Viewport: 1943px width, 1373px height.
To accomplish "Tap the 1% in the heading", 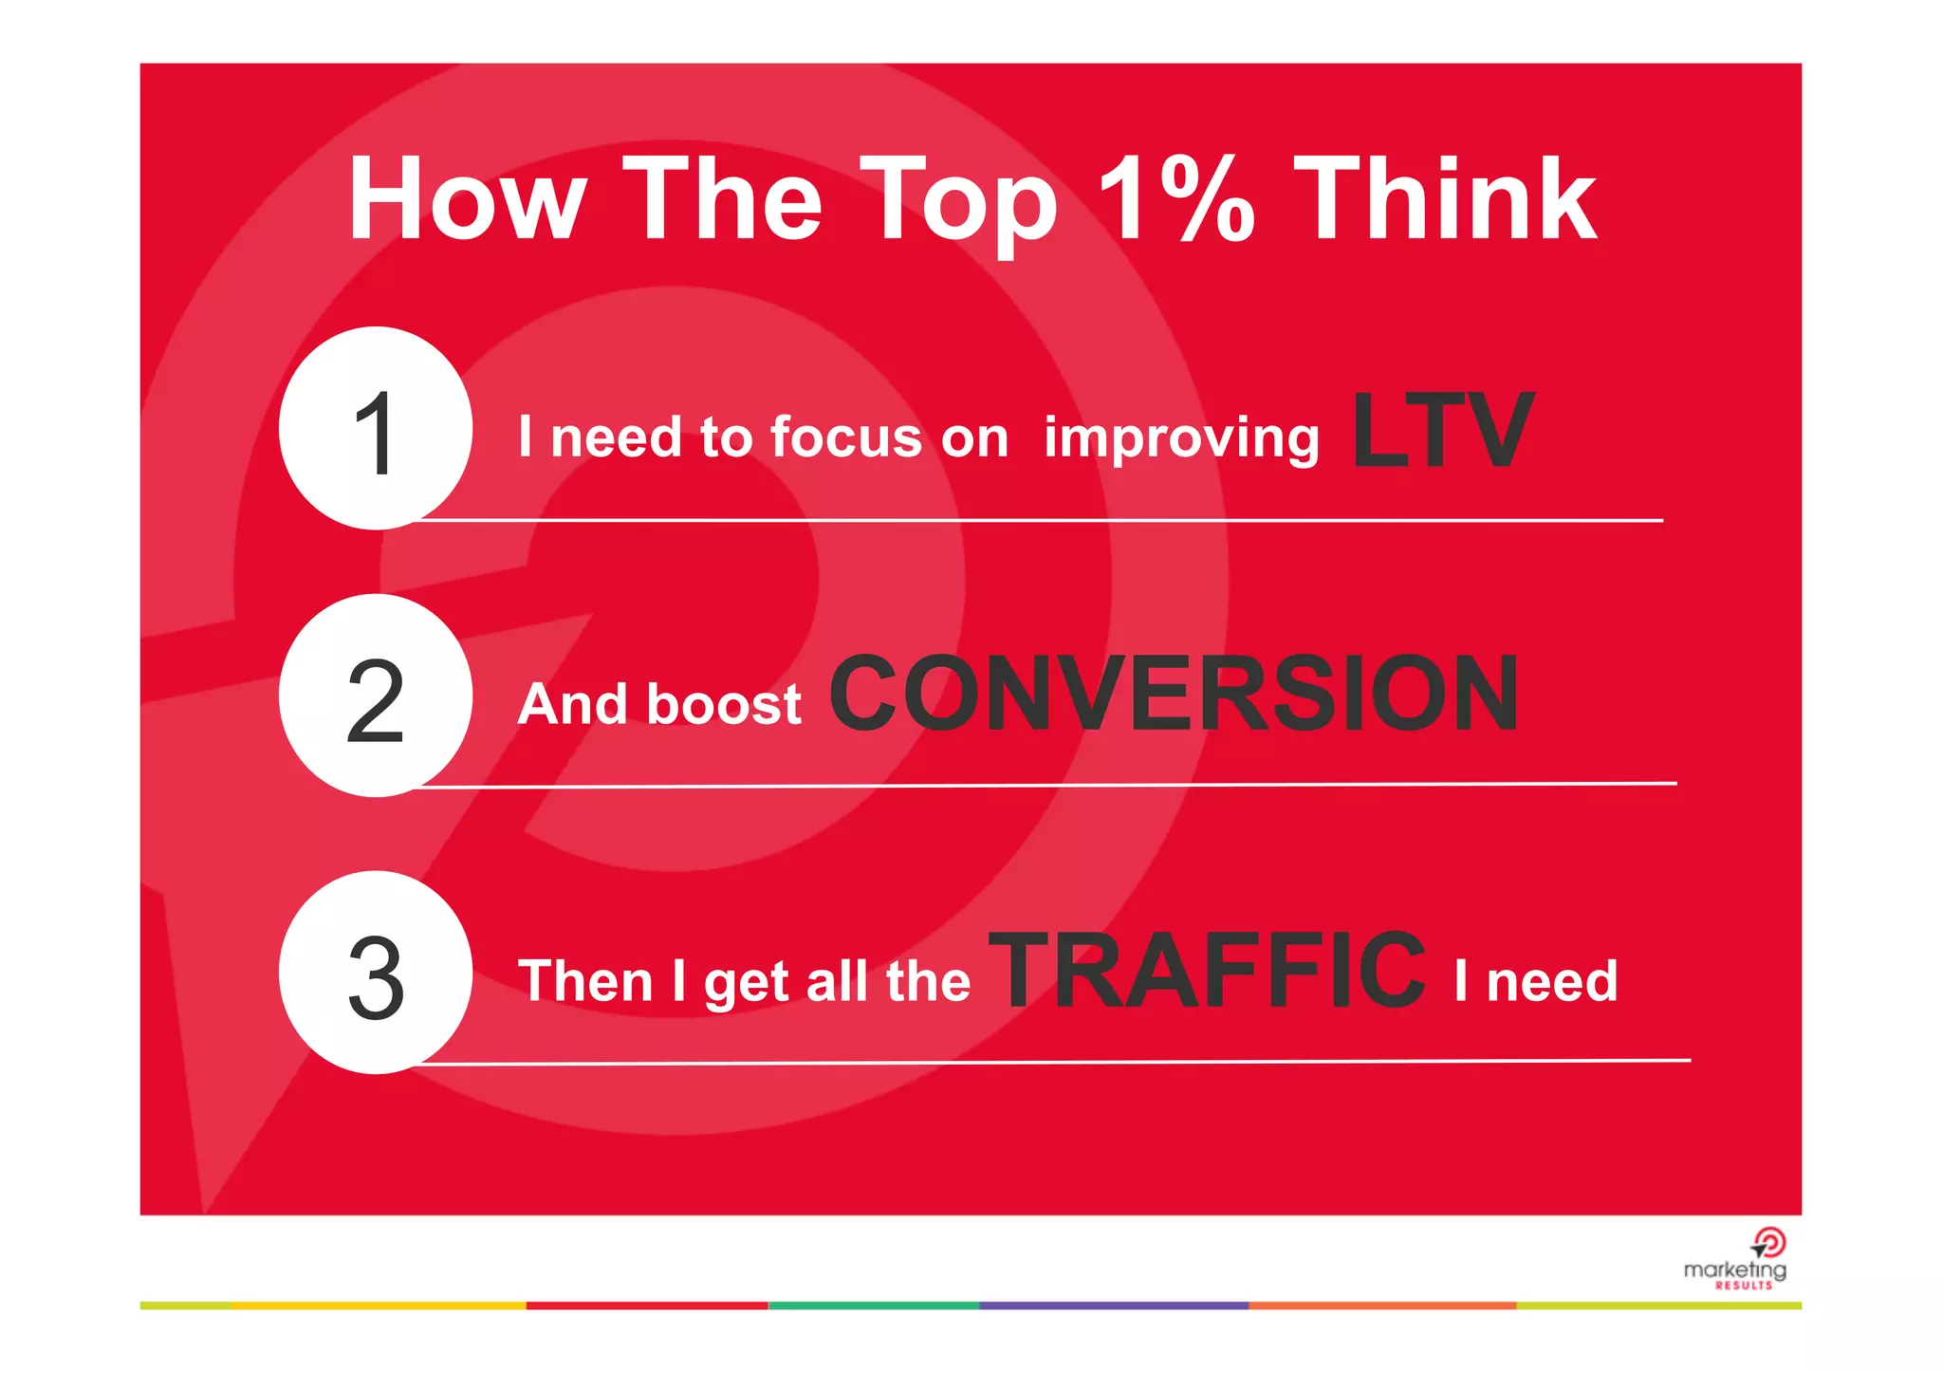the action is [x=1176, y=198].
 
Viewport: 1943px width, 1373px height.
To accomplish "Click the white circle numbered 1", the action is [x=376, y=429].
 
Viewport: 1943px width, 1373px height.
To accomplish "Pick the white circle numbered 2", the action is [x=376, y=696].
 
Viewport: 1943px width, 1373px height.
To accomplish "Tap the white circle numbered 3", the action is [x=376, y=973].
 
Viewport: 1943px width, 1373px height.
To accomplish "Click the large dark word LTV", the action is [x=1441, y=432].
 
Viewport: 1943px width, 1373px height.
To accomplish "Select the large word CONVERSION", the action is [x=1174, y=696].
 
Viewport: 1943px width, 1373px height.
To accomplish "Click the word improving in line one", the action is [x=1181, y=439].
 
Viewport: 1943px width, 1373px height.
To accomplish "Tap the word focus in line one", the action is [x=845, y=437].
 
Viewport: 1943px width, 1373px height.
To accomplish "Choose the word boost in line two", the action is [x=726, y=705].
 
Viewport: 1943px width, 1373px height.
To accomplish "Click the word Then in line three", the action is [x=585, y=981].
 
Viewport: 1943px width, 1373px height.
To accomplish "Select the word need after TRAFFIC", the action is [x=1551, y=982].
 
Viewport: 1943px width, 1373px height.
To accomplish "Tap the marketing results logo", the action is [x=1736, y=1260].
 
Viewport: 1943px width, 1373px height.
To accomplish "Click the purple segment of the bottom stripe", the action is [x=1113, y=1306].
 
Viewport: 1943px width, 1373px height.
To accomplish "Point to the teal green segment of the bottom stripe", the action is [x=873, y=1306].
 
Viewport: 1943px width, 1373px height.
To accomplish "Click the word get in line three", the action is [x=747, y=984].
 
